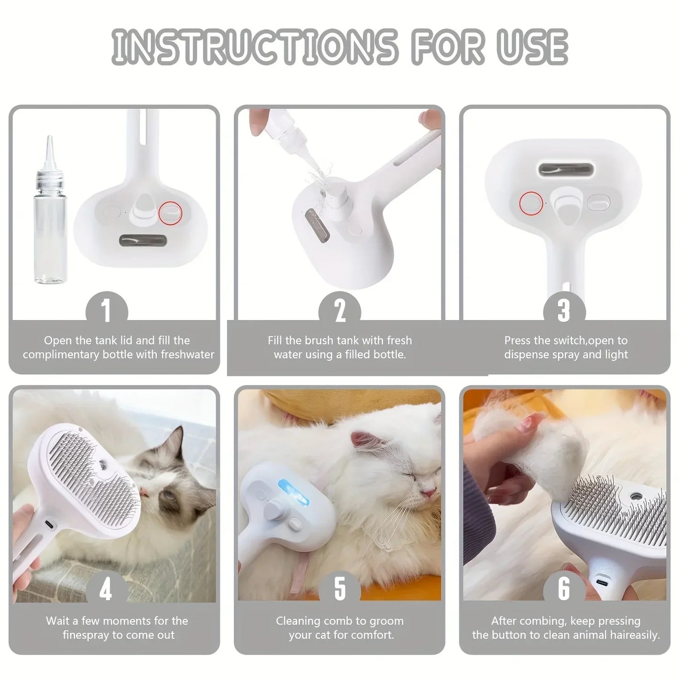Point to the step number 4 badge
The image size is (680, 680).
pos(106,589)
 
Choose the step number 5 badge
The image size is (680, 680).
pos(340,589)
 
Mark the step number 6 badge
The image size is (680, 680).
pos(564,589)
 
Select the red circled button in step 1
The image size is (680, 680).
pos(170,213)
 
